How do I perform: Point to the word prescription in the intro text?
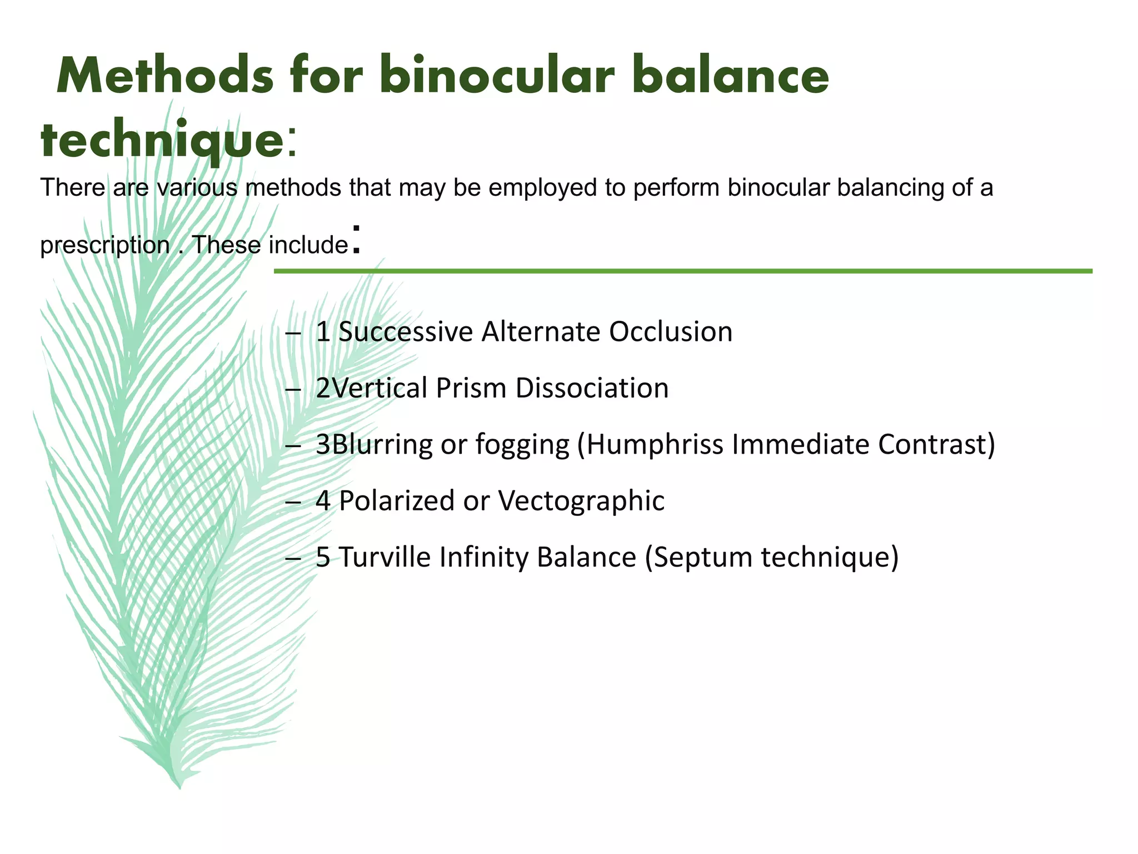coord(104,245)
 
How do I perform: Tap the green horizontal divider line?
coord(682,271)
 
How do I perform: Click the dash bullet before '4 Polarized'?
coord(292,502)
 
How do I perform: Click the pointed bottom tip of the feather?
coord(179,787)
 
